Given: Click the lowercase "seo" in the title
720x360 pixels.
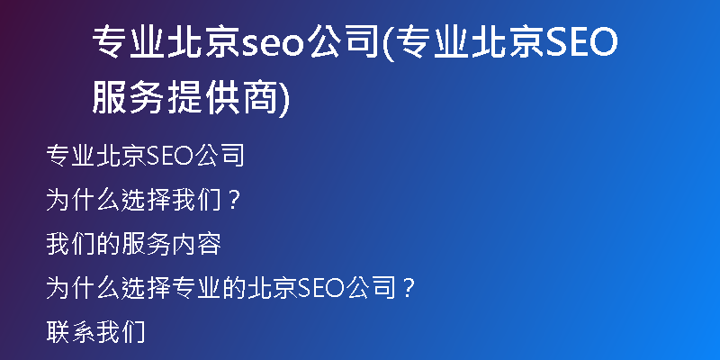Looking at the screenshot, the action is coord(274,43).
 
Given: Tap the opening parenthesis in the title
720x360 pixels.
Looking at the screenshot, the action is coord(388,43).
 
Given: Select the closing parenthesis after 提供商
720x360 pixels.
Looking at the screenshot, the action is coord(284,98).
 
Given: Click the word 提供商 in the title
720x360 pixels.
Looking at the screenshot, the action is coord(222,98).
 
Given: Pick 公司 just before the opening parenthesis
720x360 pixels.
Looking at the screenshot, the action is coord(344,42).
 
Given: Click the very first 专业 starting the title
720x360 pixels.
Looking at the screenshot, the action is coord(129,42).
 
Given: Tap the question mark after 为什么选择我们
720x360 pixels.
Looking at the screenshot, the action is coord(234,200).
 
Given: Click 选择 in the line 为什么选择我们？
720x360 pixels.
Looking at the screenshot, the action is coord(146,200).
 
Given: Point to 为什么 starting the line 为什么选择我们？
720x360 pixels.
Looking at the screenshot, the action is coord(83,200).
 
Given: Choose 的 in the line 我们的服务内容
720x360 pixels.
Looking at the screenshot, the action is coord(108,244).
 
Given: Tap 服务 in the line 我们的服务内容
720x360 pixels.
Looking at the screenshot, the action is coord(146,244).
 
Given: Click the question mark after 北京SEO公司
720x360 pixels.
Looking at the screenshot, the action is coord(408,288).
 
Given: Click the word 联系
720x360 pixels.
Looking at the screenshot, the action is coord(71,332).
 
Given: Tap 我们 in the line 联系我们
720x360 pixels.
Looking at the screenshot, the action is coord(121,332).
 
